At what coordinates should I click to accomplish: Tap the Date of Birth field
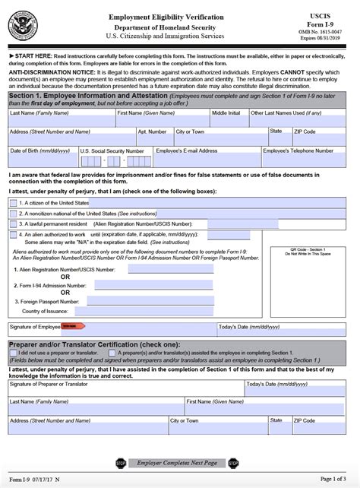tap(42, 160)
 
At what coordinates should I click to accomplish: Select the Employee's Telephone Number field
tap(306, 160)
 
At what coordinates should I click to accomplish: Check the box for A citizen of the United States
tap(13, 203)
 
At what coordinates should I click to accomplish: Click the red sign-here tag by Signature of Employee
tap(71, 327)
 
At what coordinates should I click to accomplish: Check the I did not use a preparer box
tap(13, 353)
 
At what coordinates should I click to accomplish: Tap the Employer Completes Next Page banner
tap(178, 462)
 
